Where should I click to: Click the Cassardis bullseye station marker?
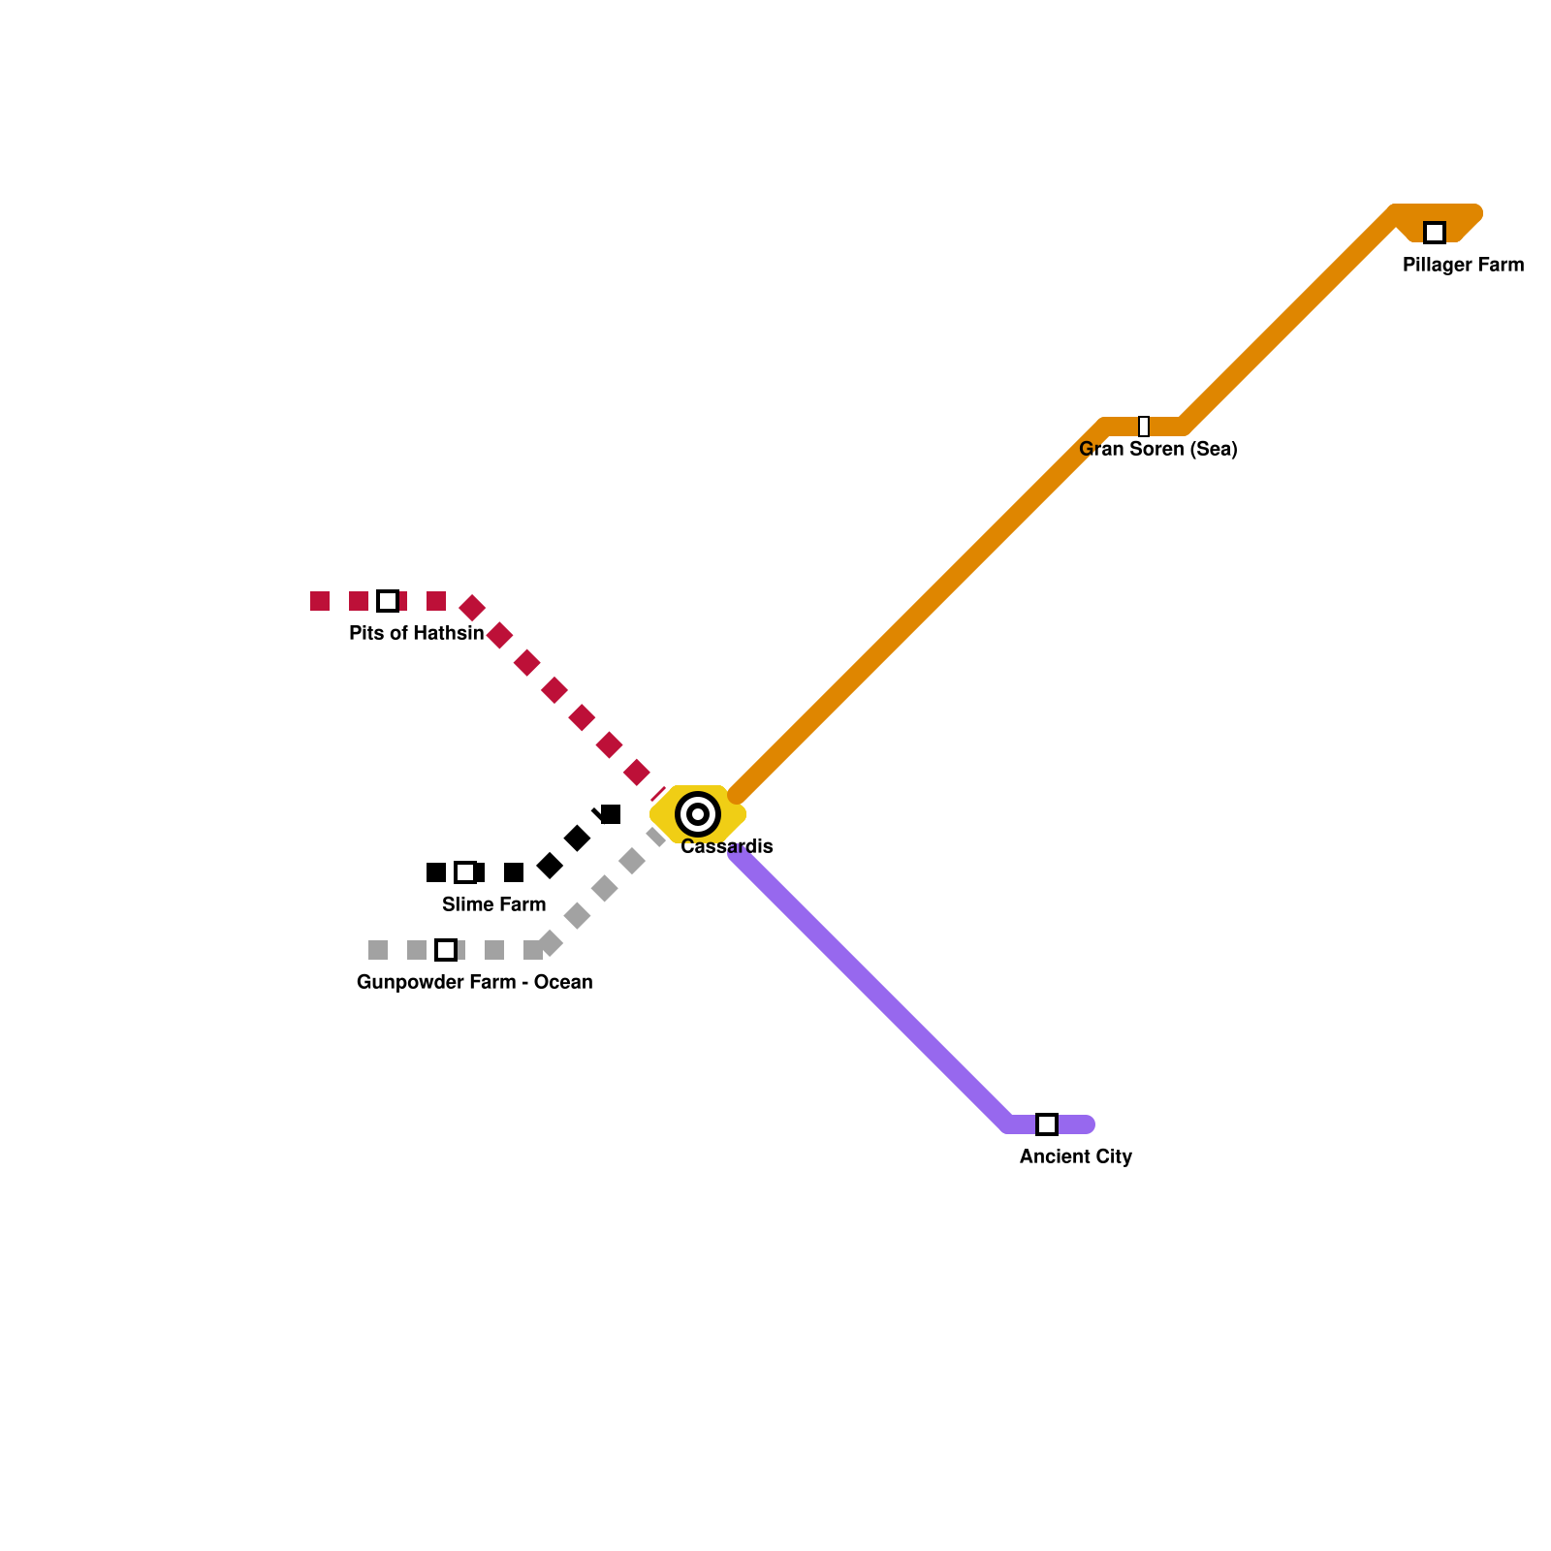click(698, 814)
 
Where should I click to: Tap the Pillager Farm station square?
click(1435, 233)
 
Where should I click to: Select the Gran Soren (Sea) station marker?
click(1144, 427)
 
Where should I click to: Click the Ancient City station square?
click(1047, 1124)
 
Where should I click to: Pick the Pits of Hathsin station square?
click(388, 601)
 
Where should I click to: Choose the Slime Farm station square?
click(465, 872)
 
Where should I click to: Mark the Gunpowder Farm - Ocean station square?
click(446, 950)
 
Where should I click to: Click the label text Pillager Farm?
click(1463, 265)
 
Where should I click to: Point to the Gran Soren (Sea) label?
click(1157, 449)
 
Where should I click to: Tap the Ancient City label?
click(1075, 1156)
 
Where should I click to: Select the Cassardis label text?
click(727, 846)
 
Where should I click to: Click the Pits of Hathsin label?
click(416, 633)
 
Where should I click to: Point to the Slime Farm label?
click(493, 904)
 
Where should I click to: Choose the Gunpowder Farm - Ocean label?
click(474, 982)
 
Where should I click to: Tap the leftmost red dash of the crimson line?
click(320, 601)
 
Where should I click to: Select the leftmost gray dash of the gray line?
click(378, 950)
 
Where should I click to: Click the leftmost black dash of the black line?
click(436, 872)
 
